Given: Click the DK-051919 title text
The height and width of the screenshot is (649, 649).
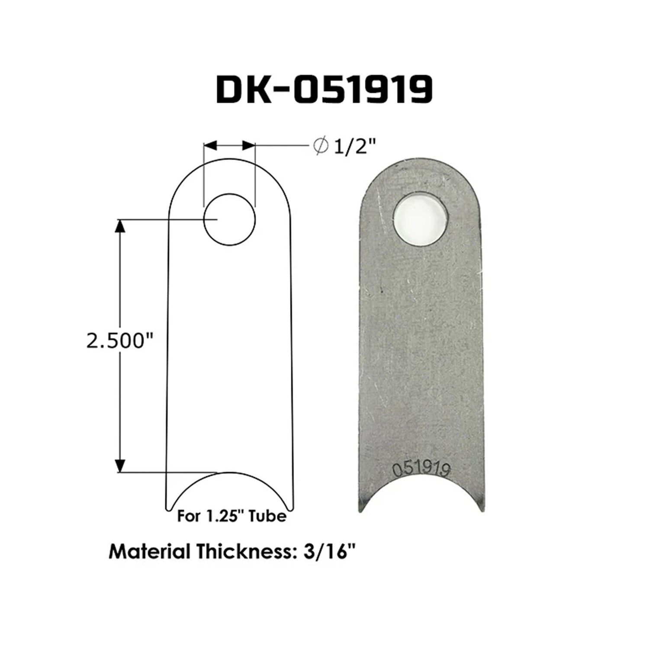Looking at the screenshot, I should pos(324,90).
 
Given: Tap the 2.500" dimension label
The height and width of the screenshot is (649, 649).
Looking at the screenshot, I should pos(121,342).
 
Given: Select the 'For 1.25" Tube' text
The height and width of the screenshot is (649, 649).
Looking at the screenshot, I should pos(231,516).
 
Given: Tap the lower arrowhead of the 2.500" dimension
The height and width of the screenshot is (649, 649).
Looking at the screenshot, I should pos(121,466).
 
